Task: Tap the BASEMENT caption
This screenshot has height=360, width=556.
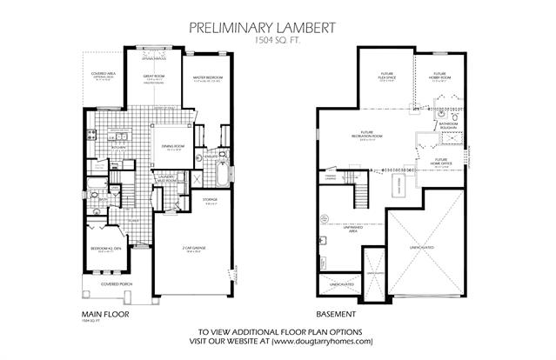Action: [x=338, y=314]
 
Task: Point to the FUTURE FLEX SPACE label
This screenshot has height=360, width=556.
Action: [x=386, y=75]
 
